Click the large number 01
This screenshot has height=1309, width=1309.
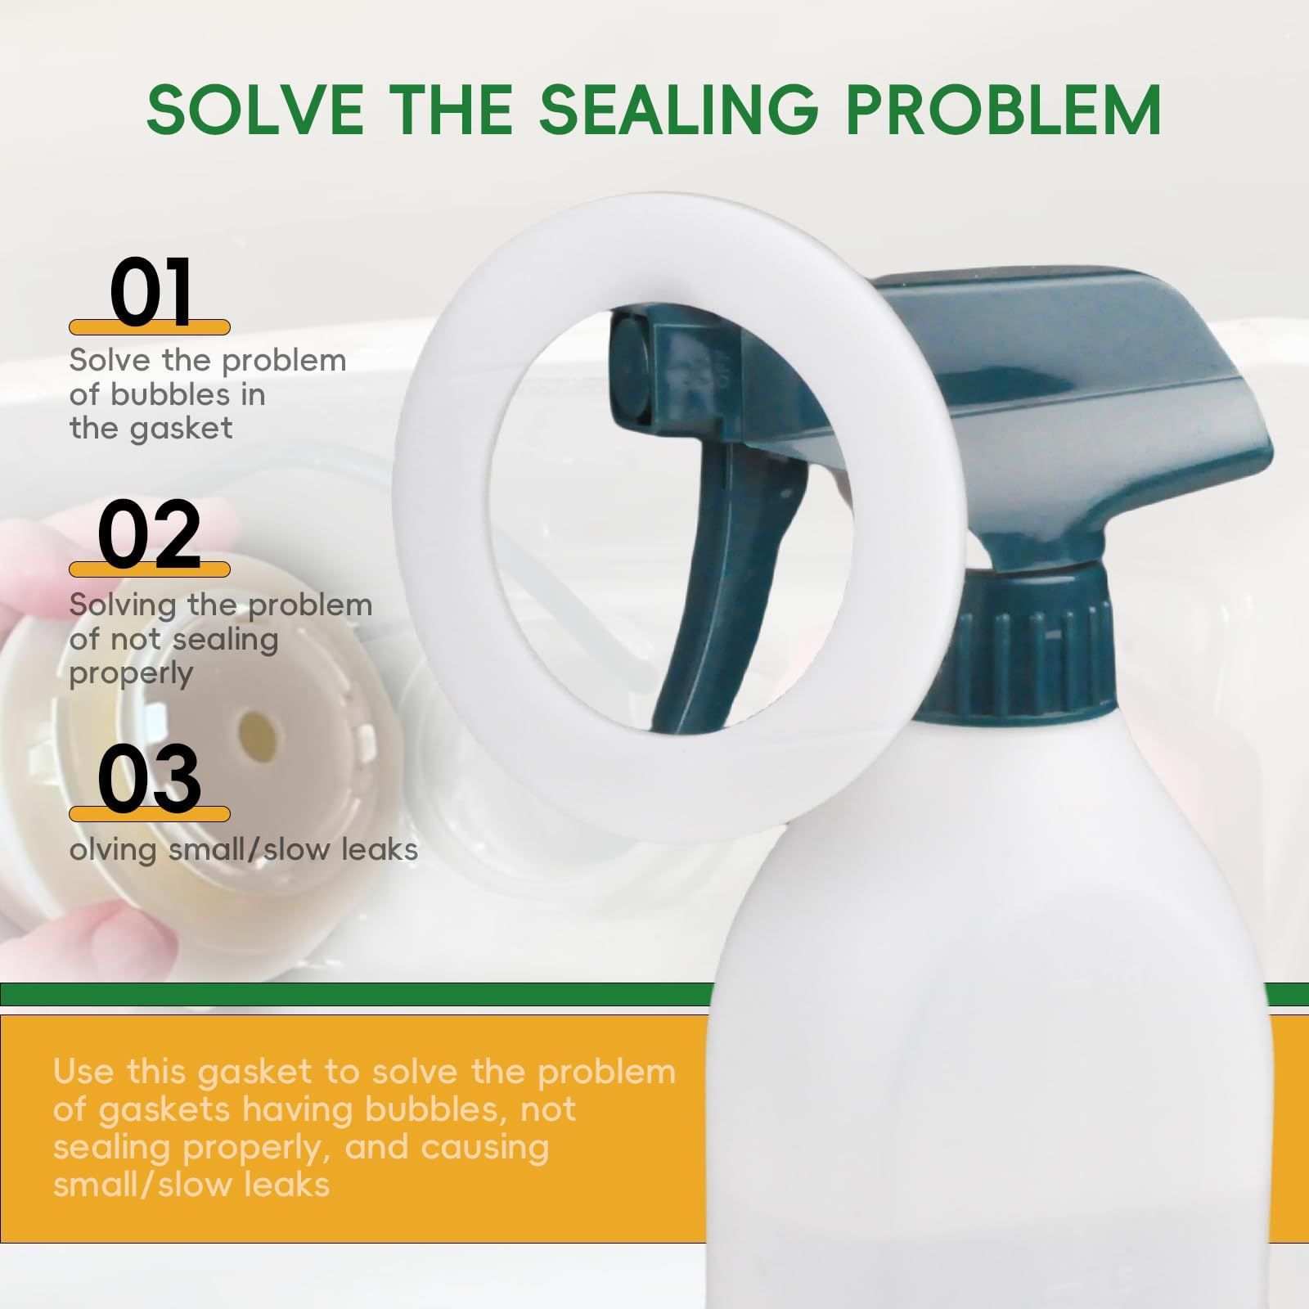[152, 292]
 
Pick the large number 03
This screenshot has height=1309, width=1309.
[150, 778]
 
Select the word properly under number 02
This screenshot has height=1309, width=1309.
[131, 675]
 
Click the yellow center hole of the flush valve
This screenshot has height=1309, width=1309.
[257, 727]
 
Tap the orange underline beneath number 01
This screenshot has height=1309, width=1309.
[150, 327]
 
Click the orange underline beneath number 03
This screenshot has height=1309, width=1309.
[150, 814]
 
